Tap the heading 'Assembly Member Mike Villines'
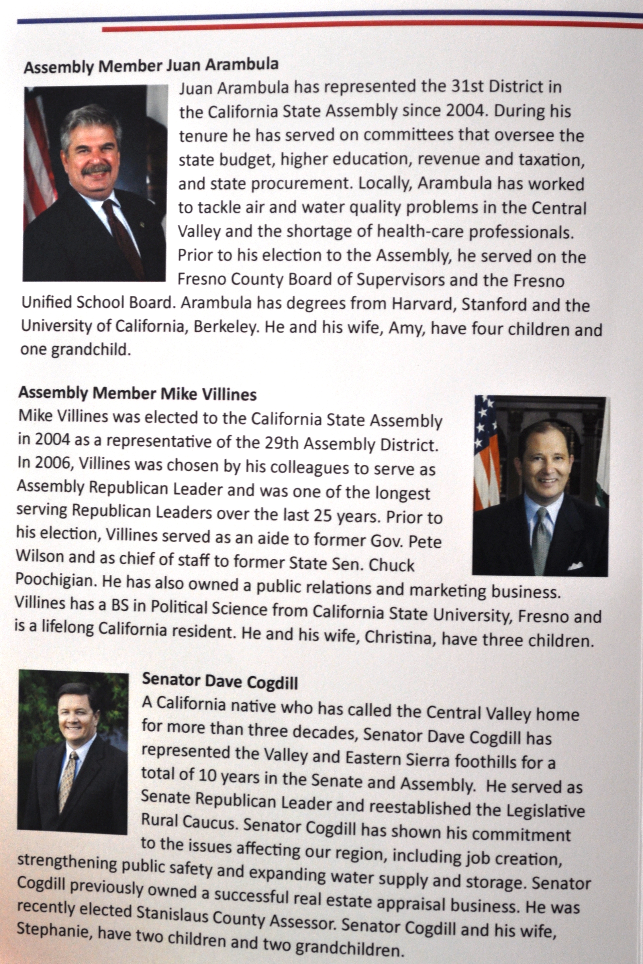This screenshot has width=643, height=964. [137, 394]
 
